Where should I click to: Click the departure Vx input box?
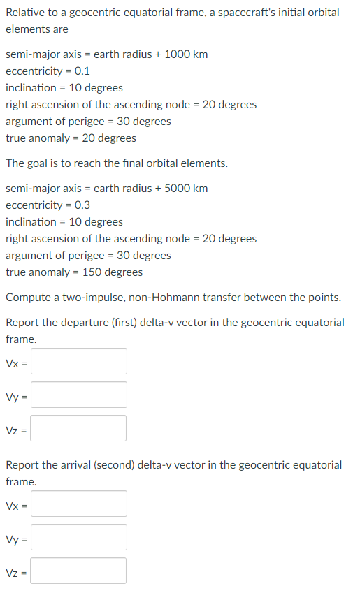(79, 362)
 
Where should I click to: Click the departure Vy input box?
(79, 395)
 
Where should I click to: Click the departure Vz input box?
(79, 428)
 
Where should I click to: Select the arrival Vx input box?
(79, 504)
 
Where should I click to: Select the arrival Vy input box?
(79, 537)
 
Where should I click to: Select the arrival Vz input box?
(79, 571)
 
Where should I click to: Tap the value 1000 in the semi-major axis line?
(176, 54)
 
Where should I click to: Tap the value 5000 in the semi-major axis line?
(176, 189)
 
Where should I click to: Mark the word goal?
(38, 163)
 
